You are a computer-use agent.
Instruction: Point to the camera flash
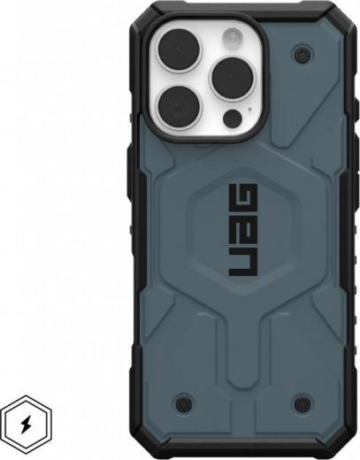(x=234, y=38)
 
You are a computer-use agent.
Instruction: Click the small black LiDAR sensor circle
(x=233, y=118)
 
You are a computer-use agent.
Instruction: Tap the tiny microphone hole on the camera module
(x=250, y=109)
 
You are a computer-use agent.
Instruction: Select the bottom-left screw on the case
(x=184, y=402)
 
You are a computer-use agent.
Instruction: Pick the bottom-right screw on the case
(x=303, y=402)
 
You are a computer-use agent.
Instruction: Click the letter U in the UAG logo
(x=243, y=261)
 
